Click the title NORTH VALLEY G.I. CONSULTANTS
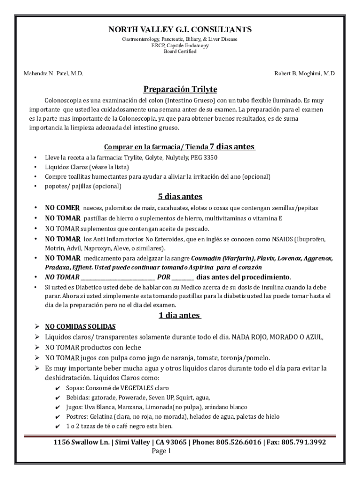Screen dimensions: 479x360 point(180,30)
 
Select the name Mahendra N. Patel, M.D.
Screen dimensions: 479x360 point(54,74)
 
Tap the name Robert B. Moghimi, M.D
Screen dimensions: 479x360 point(304,74)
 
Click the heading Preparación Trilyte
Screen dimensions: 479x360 point(180,89)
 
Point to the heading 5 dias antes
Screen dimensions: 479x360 point(180,196)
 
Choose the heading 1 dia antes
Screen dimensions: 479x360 point(180,315)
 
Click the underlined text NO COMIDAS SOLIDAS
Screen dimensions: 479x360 point(80,327)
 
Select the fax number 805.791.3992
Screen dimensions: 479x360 point(304,442)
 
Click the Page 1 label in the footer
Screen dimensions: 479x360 point(162,451)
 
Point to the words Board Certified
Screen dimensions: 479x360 point(180,51)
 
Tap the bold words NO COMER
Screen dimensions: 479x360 point(62,208)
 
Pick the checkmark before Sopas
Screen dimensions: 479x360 point(58,388)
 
